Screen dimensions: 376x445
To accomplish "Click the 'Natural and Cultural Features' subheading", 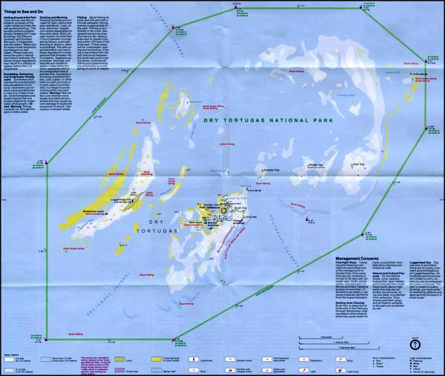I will click(387, 274).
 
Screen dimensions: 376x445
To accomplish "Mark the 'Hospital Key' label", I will click(265, 179).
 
